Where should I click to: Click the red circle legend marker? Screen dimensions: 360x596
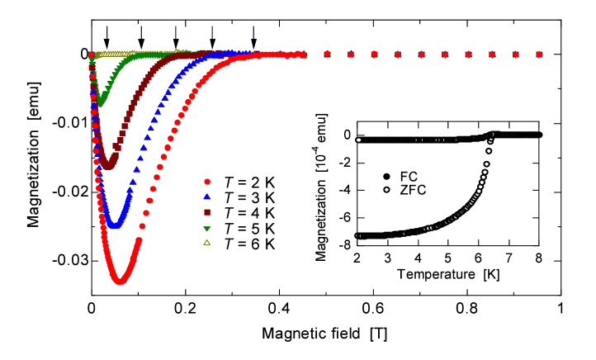pos(207,182)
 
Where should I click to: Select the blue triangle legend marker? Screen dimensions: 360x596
pos(207,197)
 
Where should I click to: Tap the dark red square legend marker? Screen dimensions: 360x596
pos(207,212)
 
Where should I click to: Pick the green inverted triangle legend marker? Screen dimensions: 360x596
pos(207,229)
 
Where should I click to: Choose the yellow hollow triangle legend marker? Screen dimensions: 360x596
pos(207,243)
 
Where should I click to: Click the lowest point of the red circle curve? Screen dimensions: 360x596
pos(121,281)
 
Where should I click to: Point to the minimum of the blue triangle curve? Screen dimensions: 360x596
pos(116,225)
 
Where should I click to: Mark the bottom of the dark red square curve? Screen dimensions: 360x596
pos(108,165)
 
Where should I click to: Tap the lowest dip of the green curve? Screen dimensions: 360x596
pos(101,103)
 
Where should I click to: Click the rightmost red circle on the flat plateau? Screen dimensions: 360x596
pos(539,54)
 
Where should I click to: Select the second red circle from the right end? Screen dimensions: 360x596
pos(515,54)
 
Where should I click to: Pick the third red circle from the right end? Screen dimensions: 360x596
pos(492,54)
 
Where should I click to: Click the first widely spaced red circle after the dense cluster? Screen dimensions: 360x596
pos(327,54)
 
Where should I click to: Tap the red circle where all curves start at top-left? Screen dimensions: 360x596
pos(92,55)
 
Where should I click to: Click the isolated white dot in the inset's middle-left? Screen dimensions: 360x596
pos(386,190)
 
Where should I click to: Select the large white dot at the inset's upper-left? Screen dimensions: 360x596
pos(358,140)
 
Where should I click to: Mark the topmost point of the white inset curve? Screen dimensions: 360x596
pos(493,135)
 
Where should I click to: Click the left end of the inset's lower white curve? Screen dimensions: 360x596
pos(357,235)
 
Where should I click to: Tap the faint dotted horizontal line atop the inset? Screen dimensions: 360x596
pos(429,140)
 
